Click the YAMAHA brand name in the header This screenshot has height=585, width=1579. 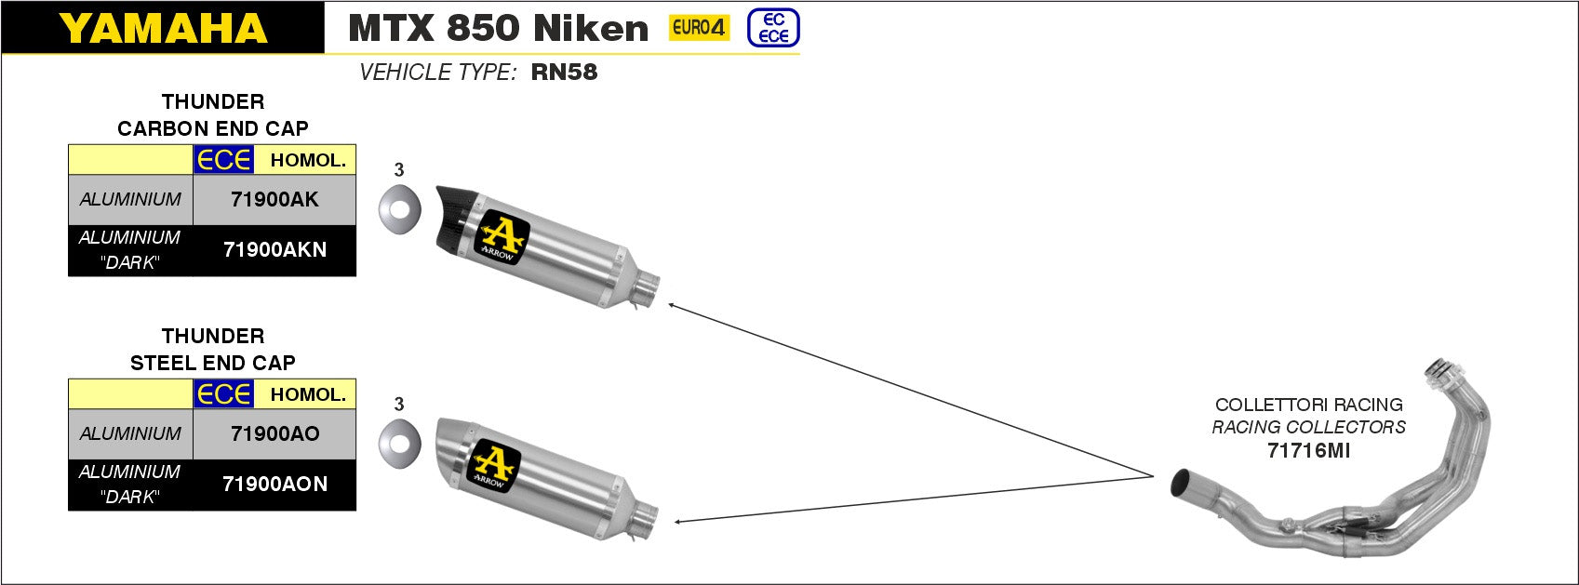(164, 28)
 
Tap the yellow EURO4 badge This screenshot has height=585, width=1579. (699, 28)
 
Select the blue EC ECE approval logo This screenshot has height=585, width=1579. (773, 29)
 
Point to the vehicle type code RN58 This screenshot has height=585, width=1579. (564, 73)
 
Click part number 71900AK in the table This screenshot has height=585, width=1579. (274, 199)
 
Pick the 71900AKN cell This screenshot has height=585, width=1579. (274, 249)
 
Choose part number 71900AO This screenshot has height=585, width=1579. (274, 433)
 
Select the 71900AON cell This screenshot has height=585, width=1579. (274, 484)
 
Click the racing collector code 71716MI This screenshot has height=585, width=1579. (1308, 451)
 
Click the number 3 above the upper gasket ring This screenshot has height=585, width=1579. (399, 170)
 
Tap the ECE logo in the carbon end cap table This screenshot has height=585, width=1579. (223, 160)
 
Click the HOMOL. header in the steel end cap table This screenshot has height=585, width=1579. (308, 394)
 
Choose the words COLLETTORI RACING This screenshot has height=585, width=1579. (1308, 405)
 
